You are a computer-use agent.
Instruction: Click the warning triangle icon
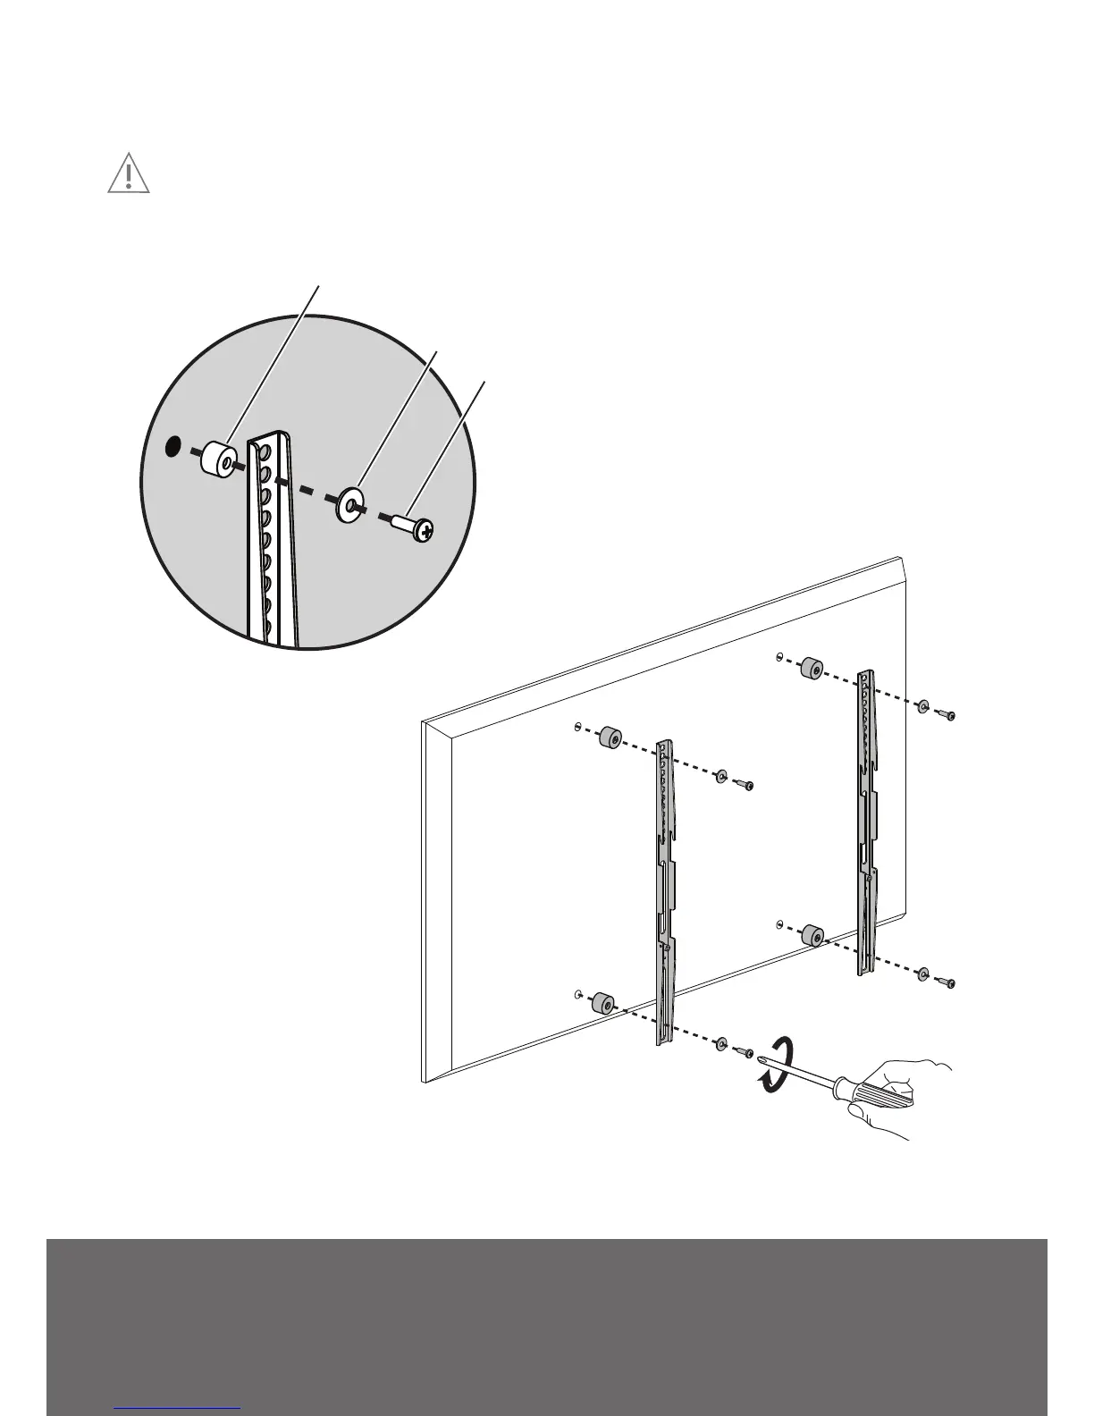pyautogui.click(x=129, y=174)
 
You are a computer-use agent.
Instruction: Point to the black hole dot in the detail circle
pyautogui.click(x=174, y=444)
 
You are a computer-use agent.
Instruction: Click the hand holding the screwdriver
pyautogui.click(x=903, y=1095)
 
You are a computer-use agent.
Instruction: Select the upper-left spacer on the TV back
pyautogui.click(x=610, y=737)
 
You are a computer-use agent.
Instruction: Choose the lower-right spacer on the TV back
pyautogui.click(x=812, y=936)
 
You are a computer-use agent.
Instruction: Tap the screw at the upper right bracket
pyautogui.click(x=947, y=713)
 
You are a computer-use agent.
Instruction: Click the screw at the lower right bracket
pyautogui.click(x=947, y=982)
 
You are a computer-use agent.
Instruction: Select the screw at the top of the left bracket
pyautogui.click(x=745, y=785)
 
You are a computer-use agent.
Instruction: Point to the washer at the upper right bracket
pyautogui.click(x=921, y=705)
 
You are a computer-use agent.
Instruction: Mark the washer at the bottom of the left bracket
pyautogui.click(x=720, y=1042)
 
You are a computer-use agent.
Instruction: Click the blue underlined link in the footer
pyautogui.click(x=178, y=1409)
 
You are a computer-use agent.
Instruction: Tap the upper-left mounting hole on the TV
pyautogui.click(x=579, y=726)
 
